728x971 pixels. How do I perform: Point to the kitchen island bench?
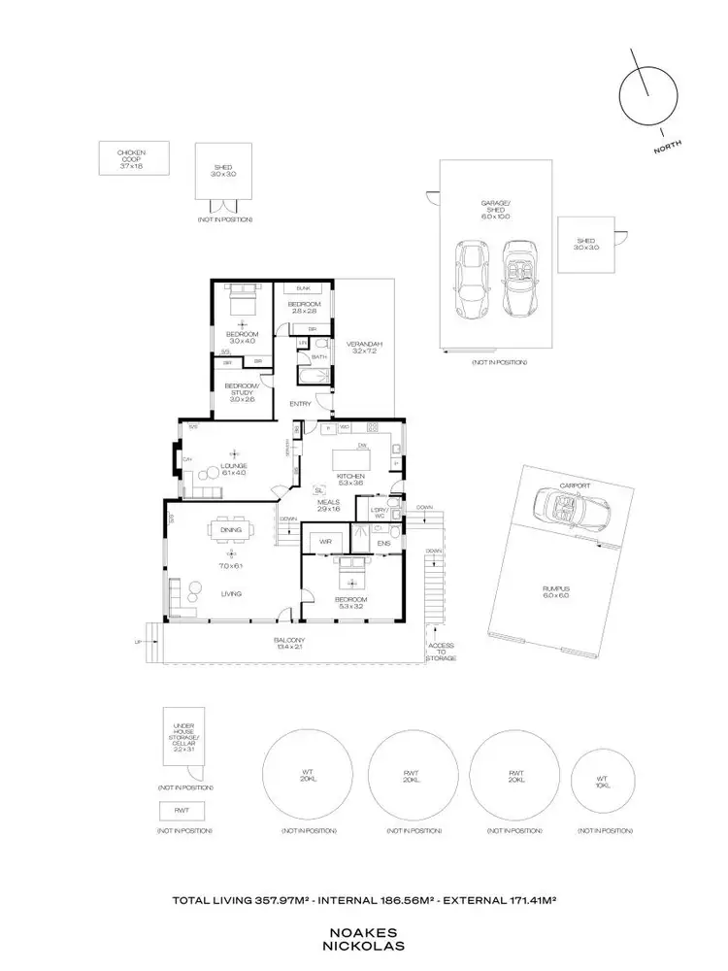[x=361, y=454]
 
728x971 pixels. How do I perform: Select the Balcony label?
[x=288, y=643]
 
